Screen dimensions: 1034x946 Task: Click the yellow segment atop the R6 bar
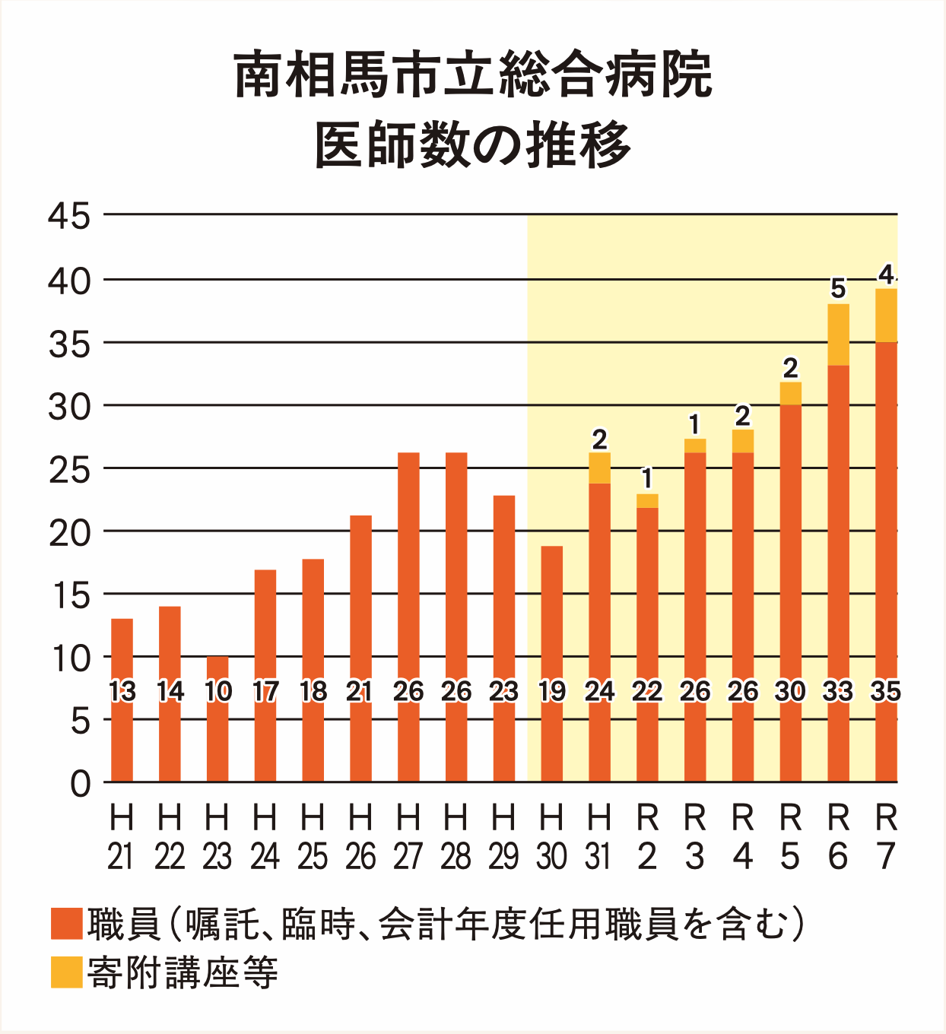pos(838,335)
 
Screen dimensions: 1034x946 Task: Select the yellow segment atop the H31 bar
pos(599,468)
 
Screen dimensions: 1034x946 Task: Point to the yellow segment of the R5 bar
pos(790,393)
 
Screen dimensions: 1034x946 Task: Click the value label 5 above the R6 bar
pos(838,289)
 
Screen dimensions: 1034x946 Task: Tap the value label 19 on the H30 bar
pos(551,691)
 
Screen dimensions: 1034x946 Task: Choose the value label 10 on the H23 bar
pos(217,691)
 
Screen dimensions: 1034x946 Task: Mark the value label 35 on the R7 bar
pos(886,691)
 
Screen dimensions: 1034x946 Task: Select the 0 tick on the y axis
pos(81,783)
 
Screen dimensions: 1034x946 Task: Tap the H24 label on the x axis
pos(265,837)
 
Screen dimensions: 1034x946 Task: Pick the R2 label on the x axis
pos(647,837)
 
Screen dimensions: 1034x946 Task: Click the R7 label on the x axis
pos(886,837)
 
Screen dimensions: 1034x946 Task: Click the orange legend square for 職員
pos(66,924)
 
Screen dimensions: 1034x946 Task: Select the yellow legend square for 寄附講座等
pos(66,972)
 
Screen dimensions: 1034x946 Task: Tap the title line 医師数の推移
pos(473,144)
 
